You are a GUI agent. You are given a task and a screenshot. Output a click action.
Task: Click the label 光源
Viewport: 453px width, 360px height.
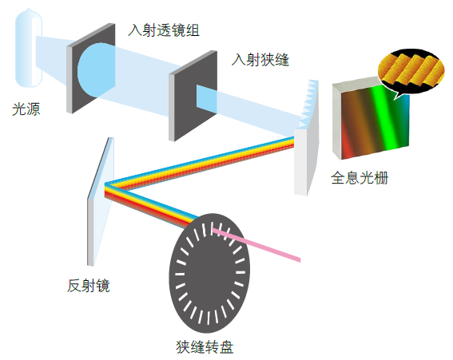coord(26,109)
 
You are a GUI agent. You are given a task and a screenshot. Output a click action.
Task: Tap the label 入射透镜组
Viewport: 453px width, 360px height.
coord(164,30)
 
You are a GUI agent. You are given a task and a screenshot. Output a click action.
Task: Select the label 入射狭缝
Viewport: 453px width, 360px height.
coord(260,60)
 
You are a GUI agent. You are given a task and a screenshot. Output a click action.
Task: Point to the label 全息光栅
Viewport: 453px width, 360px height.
coord(360,177)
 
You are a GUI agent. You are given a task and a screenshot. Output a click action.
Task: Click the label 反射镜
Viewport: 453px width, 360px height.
coord(89,286)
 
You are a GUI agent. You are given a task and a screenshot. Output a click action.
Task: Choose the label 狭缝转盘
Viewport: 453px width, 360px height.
coord(205,346)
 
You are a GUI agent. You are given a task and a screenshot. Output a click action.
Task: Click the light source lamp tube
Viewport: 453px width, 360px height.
coord(29,49)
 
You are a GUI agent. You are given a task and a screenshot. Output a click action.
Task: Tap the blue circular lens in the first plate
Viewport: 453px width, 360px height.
coord(96,69)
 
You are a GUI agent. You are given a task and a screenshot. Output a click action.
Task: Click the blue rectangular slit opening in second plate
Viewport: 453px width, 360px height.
coord(207,98)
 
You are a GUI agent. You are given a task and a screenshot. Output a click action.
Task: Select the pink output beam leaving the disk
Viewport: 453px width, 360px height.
coord(256,244)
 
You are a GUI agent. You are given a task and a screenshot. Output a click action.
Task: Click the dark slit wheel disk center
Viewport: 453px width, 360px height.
coord(209,273)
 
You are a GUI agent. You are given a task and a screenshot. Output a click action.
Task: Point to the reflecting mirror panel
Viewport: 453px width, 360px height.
coord(101,201)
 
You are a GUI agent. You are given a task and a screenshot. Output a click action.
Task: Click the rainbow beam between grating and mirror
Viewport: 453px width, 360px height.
coord(200,164)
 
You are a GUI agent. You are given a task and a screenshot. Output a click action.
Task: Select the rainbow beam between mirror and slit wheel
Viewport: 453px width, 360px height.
coord(149,205)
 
